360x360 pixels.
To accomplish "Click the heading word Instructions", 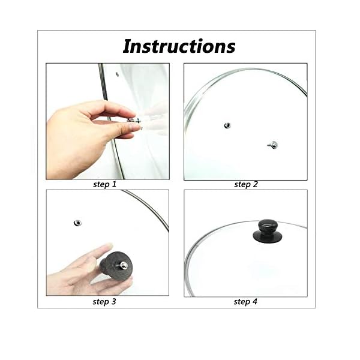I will [x=179, y=46].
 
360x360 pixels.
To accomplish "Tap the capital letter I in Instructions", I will [x=127, y=46].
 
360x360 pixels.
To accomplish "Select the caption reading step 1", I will [x=105, y=185].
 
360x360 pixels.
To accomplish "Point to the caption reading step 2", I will [x=245, y=185].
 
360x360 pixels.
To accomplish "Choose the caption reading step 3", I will [x=104, y=301].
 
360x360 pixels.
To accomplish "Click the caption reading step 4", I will [x=245, y=301].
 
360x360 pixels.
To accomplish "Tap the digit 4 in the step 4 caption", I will [x=255, y=301].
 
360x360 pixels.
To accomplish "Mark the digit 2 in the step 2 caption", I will [x=255, y=185].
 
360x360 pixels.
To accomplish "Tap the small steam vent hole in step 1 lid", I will [x=117, y=74].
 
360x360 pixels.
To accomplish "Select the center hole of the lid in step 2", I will [x=227, y=125].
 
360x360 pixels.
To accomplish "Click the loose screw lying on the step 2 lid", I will [x=273, y=144].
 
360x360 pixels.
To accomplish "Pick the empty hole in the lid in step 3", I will [x=77, y=223].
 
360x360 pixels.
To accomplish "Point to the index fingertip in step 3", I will [x=108, y=248].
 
